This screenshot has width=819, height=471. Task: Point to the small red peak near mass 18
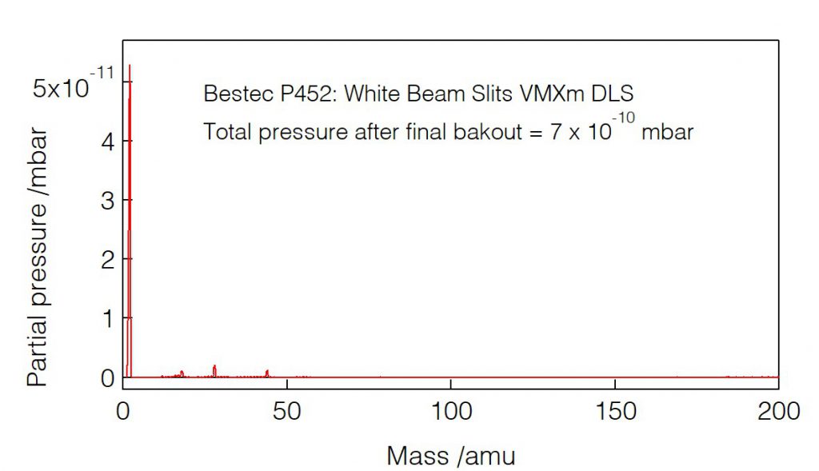point(182,373)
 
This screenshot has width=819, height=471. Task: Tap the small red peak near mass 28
point(214,369)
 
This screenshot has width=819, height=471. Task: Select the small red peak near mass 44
point(267,372)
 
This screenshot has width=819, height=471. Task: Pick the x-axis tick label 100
point(450,411)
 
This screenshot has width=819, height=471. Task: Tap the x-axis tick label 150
point(614,411)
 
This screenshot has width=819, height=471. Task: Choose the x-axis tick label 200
point(777,411)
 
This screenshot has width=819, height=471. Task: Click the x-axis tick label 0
point(123,411)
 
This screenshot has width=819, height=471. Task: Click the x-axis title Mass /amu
point(451,456)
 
